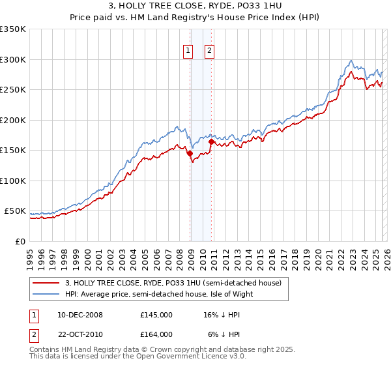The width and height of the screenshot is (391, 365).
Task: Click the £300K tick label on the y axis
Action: pyautogui.click(x=12, y=59)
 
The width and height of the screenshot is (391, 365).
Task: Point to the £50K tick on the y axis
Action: pyautogui.click(x=15, y=211)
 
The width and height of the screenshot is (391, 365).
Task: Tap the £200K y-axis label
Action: pyautogui.click(x=12, y=120)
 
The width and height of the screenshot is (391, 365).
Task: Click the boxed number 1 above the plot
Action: pyautogui.click(x=188, y=51)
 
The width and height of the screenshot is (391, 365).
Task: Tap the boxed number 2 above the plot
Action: pyautogui.click(x=210, y=51)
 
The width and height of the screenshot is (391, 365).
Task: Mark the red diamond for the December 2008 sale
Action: pyautogui.click(x=190, y=154)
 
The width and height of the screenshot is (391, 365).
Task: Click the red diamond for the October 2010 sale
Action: pyautogui.click(x=211, y=142)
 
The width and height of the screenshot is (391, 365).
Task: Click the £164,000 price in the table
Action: pyautogui.click(x=156, y=334)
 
